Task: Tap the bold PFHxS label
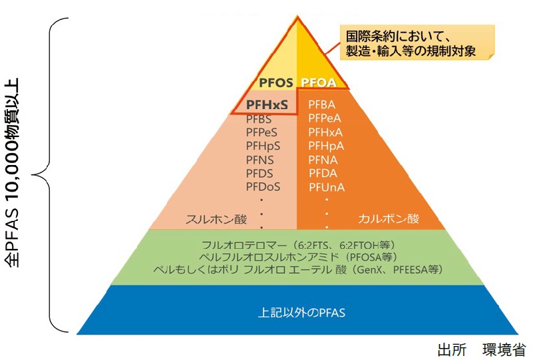(x=266, y=104)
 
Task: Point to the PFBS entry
(x=258, y=118)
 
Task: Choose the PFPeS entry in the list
(x=262, y=132)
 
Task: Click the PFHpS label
(x=262, y=146)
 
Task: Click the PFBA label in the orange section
(x=323, y=105)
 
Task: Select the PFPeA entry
(x=326, y=118)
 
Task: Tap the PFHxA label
(x=327, y=132)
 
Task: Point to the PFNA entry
(x=323, y=160)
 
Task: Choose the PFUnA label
(x=326, y=187)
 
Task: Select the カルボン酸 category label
(x=389, y=219)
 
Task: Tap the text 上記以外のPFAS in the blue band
(x=296, y=311)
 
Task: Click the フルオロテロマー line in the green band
(x=297, y=244)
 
